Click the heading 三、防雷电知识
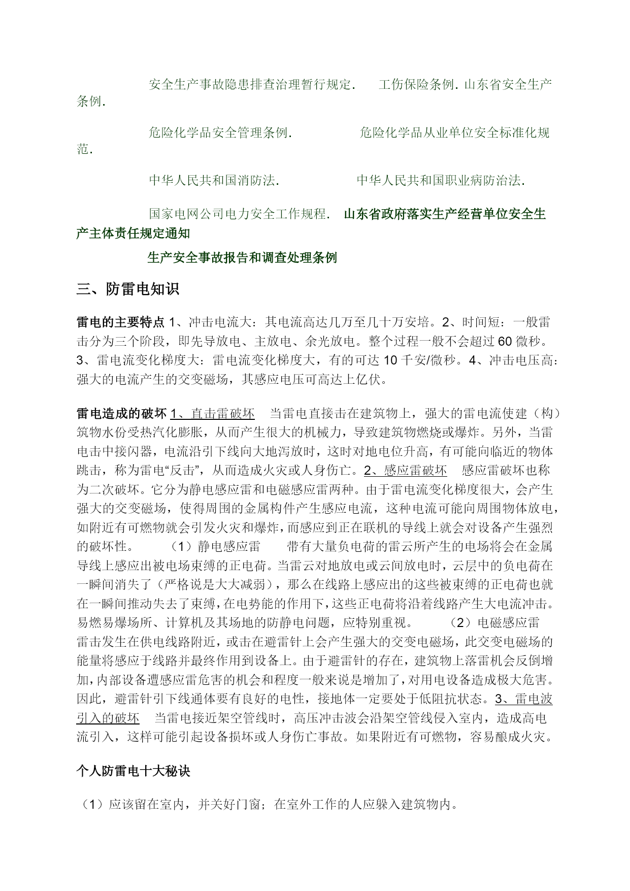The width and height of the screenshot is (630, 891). coord(127,290)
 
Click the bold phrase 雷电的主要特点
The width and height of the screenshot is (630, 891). coord(120,322)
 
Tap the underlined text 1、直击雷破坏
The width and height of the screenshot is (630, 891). coord(212,413)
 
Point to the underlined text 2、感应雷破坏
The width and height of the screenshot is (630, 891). coord(405,471)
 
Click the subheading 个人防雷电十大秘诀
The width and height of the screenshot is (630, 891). coord(134,771)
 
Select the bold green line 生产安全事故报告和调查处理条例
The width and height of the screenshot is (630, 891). coord(242,258)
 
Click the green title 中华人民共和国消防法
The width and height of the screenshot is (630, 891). coord(213,180)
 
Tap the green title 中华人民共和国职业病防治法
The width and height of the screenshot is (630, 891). coord(439,180)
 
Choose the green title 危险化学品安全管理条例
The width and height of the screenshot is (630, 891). coord(219,133)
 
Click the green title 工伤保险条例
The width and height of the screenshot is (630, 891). coord(417,84)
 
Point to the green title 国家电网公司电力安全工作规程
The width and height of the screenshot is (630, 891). coord(238,214)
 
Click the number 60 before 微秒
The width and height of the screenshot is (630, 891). coord(498,341)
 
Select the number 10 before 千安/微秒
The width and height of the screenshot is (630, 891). coord(390,360)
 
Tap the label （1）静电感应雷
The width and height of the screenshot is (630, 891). coord(215,546)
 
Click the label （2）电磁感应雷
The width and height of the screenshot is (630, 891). coord(494,622)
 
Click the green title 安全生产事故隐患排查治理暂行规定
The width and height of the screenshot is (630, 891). coord(250,84)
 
